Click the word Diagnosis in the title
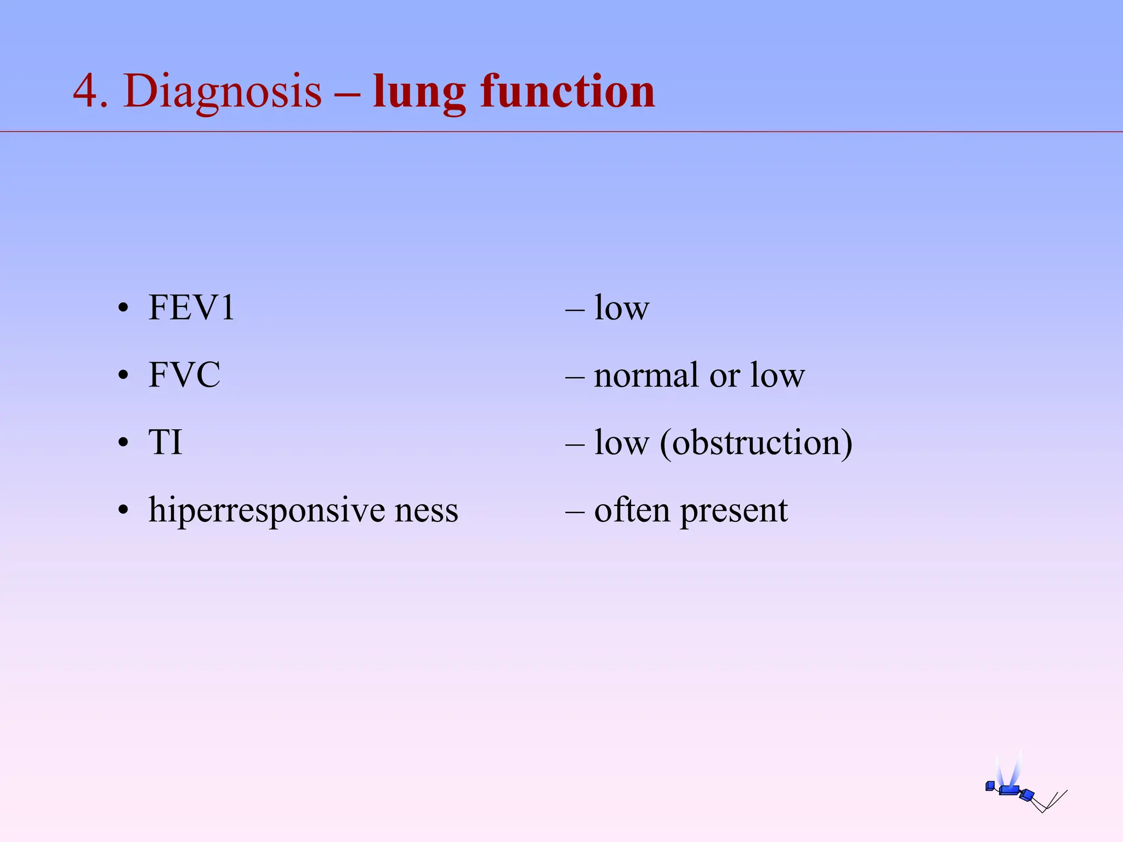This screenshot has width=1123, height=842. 223,92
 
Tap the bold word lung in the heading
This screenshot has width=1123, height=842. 419,93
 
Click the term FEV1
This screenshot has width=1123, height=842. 191,308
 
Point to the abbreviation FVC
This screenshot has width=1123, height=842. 184,375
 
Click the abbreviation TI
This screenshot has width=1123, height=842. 165,442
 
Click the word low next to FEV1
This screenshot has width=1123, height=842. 622,308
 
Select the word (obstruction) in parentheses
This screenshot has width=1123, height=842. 756,443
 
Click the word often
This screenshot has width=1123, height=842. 632,510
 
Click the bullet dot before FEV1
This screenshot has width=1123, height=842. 123,309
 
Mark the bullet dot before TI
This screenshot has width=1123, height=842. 123,443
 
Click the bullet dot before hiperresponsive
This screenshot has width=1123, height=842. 123,510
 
